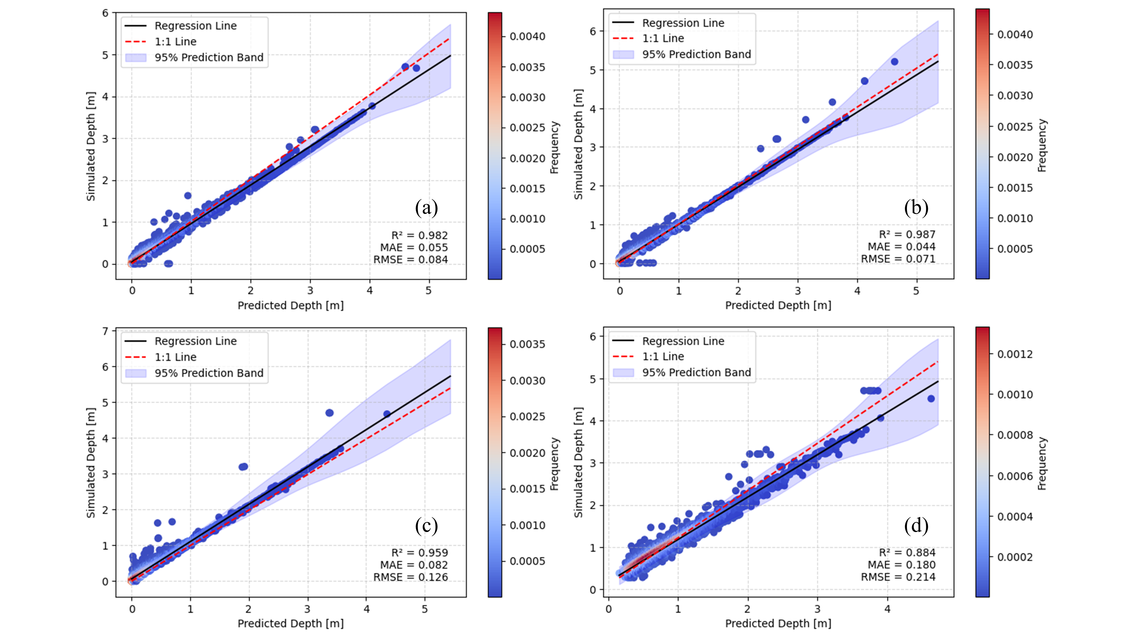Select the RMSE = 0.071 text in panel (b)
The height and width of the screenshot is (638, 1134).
[898, 259]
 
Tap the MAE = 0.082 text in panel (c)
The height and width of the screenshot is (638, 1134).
[414, 565]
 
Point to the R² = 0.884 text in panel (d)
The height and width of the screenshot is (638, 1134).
[907, 553]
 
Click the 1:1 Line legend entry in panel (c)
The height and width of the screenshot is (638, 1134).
[175, 357]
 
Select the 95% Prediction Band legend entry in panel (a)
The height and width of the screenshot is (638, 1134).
[209, 58]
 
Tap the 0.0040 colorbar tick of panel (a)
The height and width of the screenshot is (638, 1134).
[527, 37]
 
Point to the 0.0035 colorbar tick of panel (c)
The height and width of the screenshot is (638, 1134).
[527, 344]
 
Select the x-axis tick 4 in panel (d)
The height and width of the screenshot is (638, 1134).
[887, 609]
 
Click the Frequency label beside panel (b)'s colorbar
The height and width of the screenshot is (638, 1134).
[1042, 145]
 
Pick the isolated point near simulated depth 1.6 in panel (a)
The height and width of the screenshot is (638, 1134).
[187, 195]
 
